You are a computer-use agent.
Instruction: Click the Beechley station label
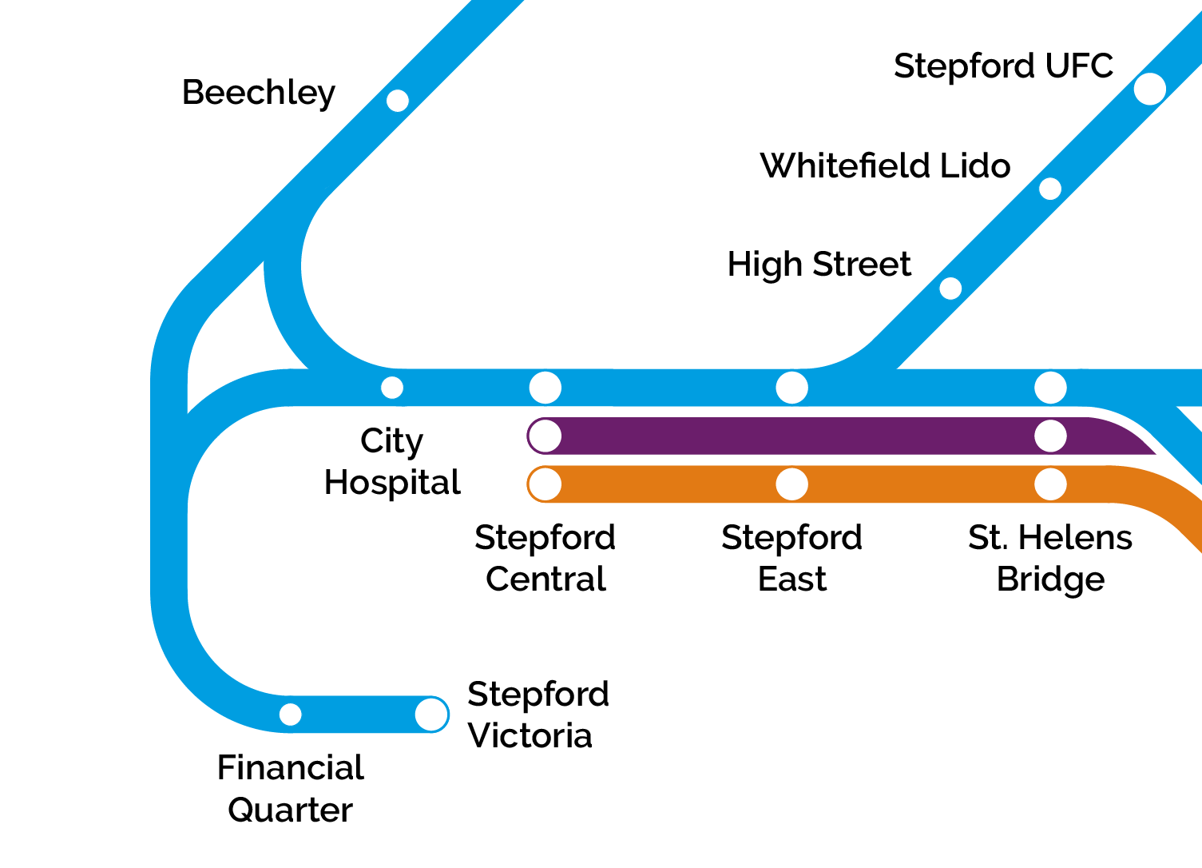258,93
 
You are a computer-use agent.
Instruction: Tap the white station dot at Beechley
397,101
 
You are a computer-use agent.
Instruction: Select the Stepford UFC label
1003,66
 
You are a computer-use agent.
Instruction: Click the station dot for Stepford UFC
1149,89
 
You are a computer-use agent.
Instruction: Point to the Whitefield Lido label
885,166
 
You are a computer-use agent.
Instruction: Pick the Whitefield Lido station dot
1050,189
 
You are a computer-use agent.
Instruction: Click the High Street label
819,265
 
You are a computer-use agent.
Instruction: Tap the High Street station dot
950,289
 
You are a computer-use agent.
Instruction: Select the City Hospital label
392,462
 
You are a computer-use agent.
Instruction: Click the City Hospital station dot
392,388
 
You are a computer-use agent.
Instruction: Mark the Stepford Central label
545,558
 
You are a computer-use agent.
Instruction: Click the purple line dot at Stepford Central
545,436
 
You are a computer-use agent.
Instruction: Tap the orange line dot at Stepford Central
545,484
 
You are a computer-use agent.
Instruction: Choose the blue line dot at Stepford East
791,388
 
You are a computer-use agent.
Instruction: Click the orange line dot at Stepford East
791,484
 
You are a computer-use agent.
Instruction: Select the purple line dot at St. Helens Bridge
1050,436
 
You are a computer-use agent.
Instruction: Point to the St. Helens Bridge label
1050,558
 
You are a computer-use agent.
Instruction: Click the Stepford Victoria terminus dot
431,715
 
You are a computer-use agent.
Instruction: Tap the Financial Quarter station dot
291,715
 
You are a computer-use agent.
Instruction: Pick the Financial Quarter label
291,789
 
